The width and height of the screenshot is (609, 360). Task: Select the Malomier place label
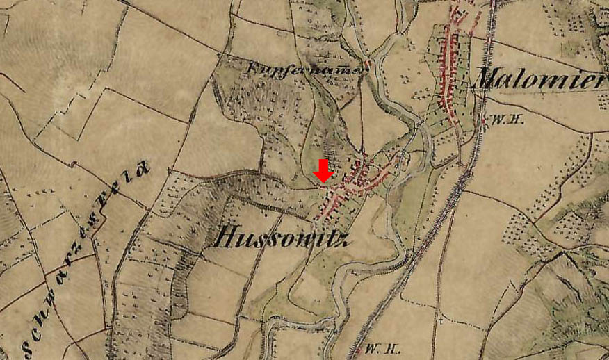[x=538, y=79]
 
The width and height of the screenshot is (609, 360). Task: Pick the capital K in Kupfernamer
[x=250, y=69]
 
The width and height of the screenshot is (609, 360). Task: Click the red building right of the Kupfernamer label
[x=366, y=65]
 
